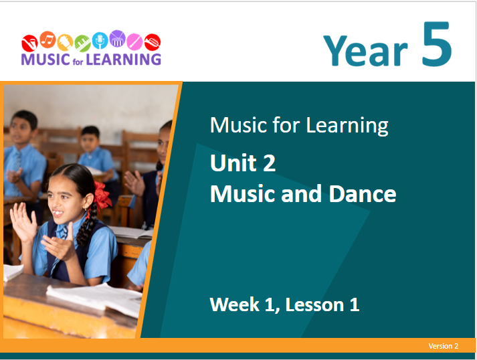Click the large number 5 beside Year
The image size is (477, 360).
tap(437, 43)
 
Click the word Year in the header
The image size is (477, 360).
tap(365, 50)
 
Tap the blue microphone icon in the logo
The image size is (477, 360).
tap(100, 40)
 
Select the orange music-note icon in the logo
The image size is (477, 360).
tap(47, 39)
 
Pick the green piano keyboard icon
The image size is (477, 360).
tap(82, 43)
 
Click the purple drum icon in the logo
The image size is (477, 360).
tap(118, 39)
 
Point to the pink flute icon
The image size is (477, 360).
tap(134, 41)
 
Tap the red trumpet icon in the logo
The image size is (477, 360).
tap(153, 42)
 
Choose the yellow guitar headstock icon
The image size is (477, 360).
tap(65, 42)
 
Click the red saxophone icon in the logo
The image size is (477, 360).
tap(29, 43)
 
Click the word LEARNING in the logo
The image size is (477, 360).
tap(124, 60)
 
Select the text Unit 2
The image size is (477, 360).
tap(243, 163)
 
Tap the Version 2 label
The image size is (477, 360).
tap(444, 346)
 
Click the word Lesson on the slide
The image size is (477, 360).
tap(314, 304)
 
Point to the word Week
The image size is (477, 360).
tap(235, 304)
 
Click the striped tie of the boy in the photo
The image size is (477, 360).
tap(17, 171)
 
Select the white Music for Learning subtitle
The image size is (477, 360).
tap(299, 125)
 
